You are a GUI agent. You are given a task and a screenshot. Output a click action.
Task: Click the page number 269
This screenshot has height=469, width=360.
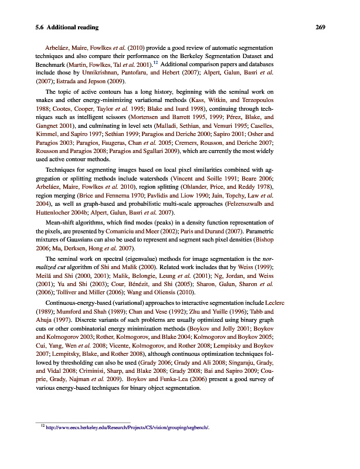pyautogui.click(x=320, y=27)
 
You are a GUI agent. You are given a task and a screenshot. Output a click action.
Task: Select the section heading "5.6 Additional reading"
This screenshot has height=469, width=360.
pyautogui.click(x=66, y=27)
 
